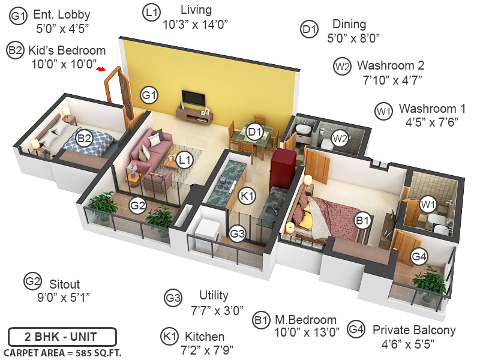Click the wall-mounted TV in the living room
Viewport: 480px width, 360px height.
193,97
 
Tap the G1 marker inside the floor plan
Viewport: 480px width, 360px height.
149,94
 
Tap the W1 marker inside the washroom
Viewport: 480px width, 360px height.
427,204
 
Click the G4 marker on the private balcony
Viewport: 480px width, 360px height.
420,257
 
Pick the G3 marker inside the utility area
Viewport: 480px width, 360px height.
238,233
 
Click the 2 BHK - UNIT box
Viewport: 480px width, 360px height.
62,337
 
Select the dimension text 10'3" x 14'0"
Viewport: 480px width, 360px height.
196,25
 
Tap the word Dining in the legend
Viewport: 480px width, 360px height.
349,25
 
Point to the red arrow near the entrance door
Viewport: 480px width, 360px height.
101,70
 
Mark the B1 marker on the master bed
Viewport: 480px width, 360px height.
362,221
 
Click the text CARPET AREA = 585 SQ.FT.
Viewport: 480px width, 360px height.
62,352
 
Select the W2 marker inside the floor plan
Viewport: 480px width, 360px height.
340,139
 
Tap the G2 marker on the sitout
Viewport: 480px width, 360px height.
138,206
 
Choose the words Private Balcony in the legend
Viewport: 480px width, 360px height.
414,330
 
